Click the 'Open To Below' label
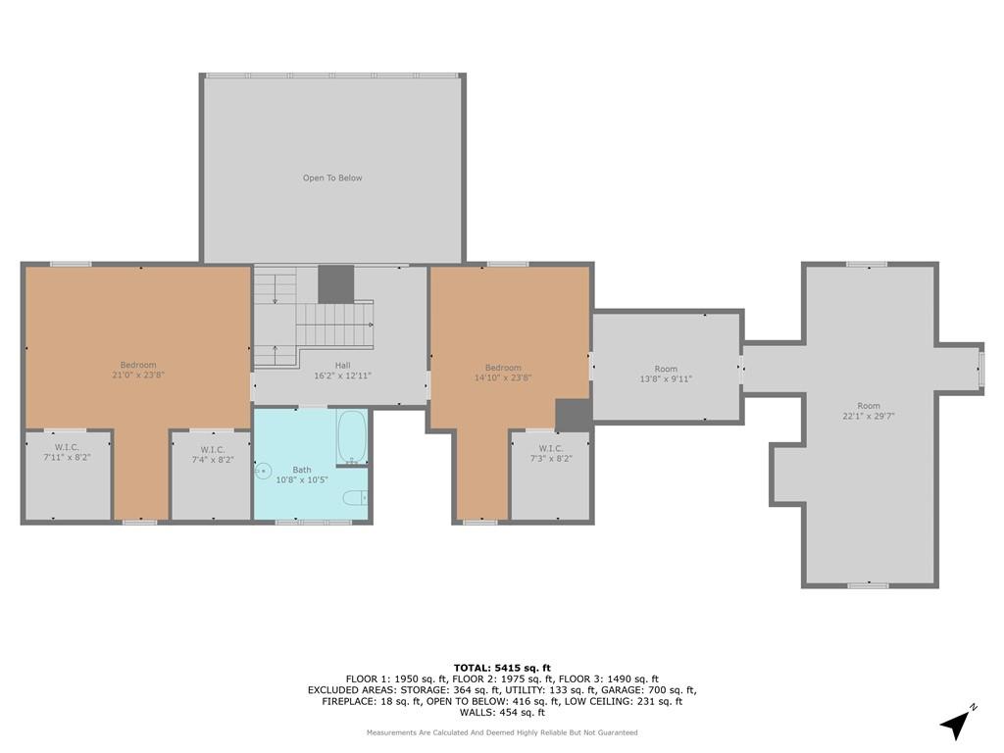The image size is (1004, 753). click(x=332, y=178)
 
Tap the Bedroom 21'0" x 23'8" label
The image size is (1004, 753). click(x=138, y=370)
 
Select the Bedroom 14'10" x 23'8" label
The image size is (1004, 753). click(x=503, y=373)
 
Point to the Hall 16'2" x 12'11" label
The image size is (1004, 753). click(x=342, y=371)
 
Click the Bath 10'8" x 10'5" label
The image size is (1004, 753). click(x=302, y=475)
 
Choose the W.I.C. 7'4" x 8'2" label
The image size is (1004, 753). click(x=213, y=455)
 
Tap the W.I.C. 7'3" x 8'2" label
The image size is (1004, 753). click(x=551, y=453)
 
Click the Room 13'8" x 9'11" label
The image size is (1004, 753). click(x=666, y=374)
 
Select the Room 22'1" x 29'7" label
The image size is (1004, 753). click(x=869, y=411)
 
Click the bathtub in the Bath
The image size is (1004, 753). click(x=352, y=437)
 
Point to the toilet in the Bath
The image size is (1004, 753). click(x=355, y=497)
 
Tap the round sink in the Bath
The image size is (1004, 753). click(x=263, y=472)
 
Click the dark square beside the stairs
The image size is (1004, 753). click(x=336, y=284)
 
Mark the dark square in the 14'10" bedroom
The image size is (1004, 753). click(x=573, y=416)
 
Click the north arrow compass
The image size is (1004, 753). click(x=957, y=723)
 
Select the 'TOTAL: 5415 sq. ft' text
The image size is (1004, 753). click(x=502, y=669)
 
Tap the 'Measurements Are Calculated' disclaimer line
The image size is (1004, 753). click(x=502, y=732)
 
